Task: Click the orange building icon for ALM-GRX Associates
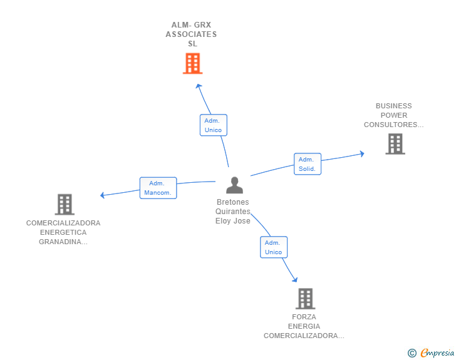tap(192, 63)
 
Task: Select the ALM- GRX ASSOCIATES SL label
tap(191, 34)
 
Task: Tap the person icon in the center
tap(234, 185)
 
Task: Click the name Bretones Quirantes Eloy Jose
tap(233, 212)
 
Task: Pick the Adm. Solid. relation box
tap(307, 164)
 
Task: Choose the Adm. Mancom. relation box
tap(158, 188)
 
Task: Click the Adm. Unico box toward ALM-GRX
tap(213, 125)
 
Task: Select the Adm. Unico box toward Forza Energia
tap(274, 247)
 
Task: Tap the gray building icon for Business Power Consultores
tap(395, 144)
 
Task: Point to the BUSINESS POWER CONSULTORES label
tap(393, 115)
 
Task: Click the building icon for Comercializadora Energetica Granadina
tap(65, 204)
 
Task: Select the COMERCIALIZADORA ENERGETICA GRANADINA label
tap(63, 232)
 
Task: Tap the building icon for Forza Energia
tap(305, 299)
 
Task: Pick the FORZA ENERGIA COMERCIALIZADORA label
tap(304, 326)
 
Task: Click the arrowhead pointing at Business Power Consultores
tap(361, 153)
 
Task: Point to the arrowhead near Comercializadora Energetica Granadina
tap(103, 195)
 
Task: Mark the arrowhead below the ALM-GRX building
tap(199, 86)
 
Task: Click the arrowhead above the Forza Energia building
tap(294, 279)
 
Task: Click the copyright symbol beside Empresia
tap(412, 353)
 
